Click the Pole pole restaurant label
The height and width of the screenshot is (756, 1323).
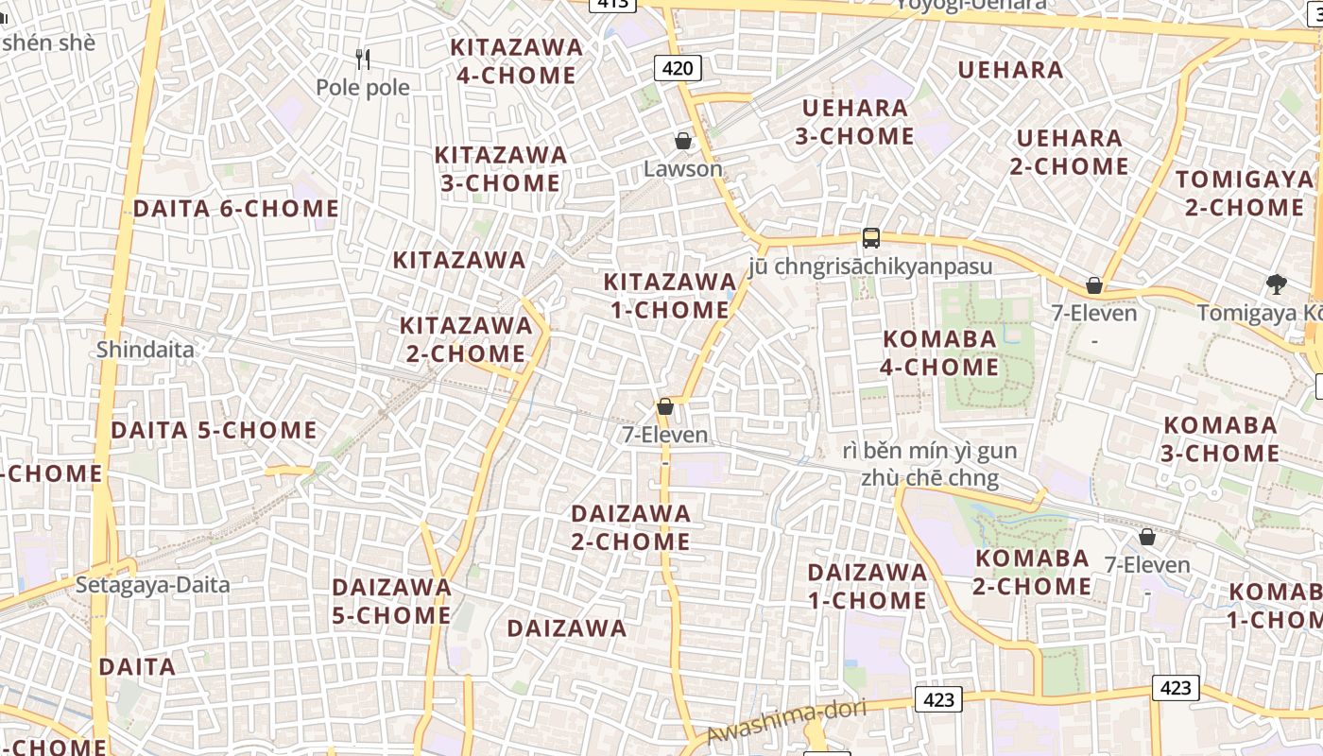[363, 88]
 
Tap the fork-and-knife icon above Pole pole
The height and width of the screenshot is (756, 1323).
[363, 60]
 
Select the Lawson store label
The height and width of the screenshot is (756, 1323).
[683, 169]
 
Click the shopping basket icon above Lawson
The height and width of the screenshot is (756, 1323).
[683, 142]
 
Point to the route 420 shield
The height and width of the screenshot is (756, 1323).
[678, 68]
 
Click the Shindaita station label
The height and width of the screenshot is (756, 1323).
[146, 350]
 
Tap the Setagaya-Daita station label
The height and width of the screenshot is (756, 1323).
[153, 585]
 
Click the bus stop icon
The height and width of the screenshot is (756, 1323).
[871, 238]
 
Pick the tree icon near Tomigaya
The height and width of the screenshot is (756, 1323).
[1277, 284]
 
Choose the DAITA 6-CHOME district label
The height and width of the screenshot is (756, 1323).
[235, 209]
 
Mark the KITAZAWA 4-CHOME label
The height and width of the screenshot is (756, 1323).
[516, 61]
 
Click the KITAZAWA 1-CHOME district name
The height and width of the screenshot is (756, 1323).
[670, 296]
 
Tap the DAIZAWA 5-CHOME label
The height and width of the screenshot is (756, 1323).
[391, 601]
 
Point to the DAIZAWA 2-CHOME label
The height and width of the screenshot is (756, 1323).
[631, 527]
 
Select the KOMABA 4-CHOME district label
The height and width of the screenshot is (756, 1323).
[939, 352]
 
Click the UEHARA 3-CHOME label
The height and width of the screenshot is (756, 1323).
[854, 122]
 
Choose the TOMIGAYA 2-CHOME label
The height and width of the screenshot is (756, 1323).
[1245, 193]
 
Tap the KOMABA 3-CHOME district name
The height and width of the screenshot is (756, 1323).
[1220, 438]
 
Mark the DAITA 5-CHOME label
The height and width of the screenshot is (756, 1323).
[214, 430]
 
